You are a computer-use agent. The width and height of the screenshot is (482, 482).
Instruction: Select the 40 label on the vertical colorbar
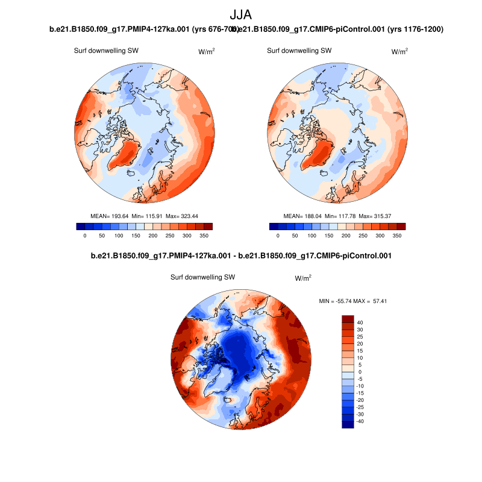[360, 322]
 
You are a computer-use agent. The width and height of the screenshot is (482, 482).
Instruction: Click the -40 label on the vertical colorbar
[360, 421]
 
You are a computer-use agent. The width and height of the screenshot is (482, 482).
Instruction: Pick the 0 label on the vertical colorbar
[360, 372]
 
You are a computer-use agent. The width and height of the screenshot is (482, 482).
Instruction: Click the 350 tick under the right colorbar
[396, 236]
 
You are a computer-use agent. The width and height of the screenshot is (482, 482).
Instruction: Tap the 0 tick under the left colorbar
[85, 236]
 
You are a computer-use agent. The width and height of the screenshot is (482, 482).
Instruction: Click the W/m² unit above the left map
[207, 52]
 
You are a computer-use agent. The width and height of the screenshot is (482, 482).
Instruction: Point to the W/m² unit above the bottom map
[303, 278]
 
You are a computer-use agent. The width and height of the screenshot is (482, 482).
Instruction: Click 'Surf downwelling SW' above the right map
[299, 51]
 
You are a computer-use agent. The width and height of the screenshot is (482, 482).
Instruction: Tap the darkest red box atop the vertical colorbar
[348, 319]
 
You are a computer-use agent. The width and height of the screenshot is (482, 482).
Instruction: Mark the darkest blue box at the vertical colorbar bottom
[348, 424]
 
